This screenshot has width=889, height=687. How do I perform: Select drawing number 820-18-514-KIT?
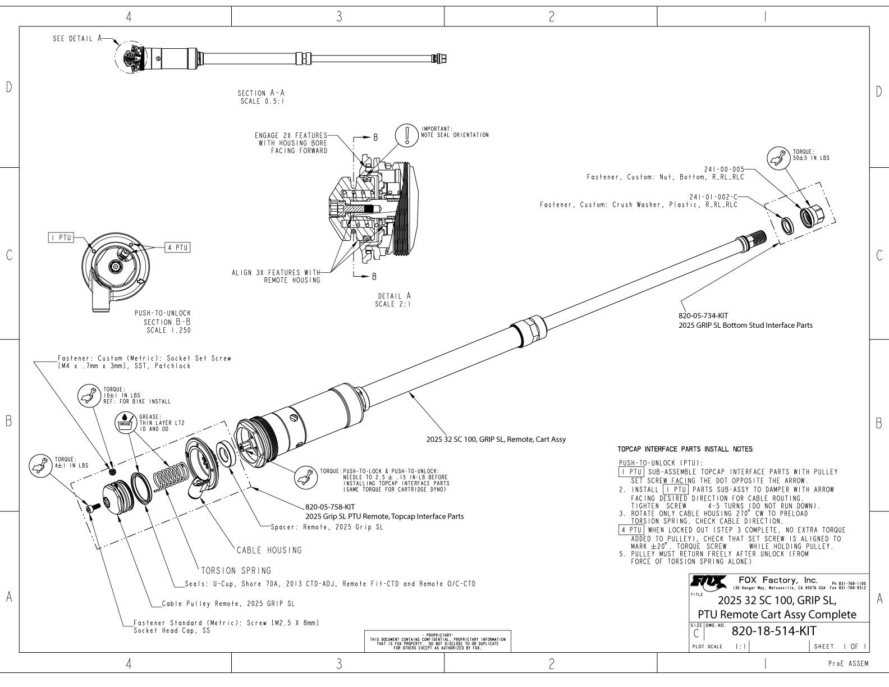tap(773, 631)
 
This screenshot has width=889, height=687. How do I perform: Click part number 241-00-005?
tap(724, 168)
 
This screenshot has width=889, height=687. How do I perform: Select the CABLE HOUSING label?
tap(269, 550)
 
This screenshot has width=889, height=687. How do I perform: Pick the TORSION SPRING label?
tap(236, 570)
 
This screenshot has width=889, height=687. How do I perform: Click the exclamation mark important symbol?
tap(405, 135)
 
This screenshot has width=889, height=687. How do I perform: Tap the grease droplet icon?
tap(124, 422)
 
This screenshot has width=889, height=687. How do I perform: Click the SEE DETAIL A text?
tap(77, 39)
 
